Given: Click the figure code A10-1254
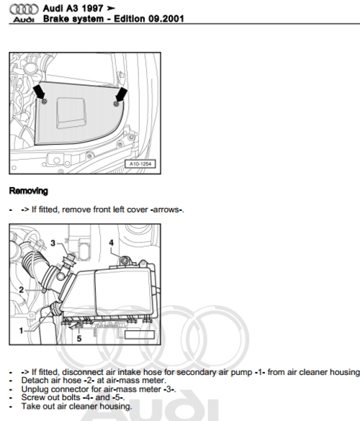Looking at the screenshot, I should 141,163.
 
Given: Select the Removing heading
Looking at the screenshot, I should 29,191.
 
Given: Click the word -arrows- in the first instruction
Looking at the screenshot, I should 166,209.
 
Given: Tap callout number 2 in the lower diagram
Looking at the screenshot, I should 22,289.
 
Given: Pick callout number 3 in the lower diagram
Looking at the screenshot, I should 53,243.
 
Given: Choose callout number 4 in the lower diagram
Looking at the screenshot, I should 111,243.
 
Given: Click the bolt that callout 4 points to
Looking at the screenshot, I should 124,259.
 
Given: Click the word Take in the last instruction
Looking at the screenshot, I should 30,405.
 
